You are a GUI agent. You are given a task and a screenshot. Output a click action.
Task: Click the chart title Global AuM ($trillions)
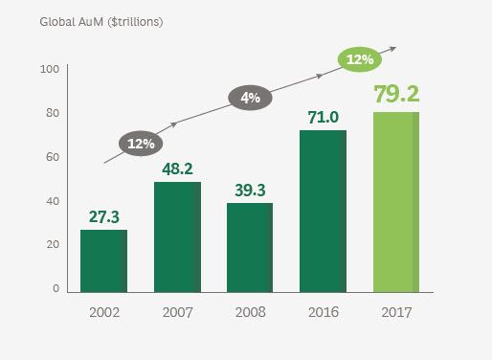click(101, 22)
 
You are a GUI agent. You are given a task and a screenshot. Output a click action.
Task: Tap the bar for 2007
click(177, 236)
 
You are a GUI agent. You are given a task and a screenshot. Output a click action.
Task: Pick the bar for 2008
click(250, 247)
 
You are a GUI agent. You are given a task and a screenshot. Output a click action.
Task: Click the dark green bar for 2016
click(323, 211)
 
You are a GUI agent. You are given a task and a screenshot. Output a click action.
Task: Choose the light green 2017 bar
click(395, 201)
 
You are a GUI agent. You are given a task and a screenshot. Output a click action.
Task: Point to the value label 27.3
click(103, 217)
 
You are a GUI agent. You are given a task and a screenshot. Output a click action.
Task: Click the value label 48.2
click(177, 169)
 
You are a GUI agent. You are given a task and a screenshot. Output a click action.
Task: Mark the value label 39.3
click(250, 190)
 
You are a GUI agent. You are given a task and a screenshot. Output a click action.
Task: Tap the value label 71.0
click(323, 118)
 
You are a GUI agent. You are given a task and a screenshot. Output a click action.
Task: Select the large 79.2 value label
click(395, 96)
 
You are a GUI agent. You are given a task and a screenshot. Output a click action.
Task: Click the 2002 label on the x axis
click(103, 312)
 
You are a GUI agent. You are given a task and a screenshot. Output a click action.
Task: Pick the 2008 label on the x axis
click(250, 312)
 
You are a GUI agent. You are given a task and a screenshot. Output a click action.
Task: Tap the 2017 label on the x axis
click(395, 312)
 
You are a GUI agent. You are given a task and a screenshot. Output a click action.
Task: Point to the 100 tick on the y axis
click(50, 70)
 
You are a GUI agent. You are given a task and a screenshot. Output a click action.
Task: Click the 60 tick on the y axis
click(53, 157)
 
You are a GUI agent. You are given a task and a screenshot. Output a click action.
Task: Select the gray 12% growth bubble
click(141, 143)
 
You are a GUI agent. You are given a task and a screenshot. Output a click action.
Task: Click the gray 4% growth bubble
click(250, 97)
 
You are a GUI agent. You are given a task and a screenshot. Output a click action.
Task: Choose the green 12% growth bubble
click(360, 59)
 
